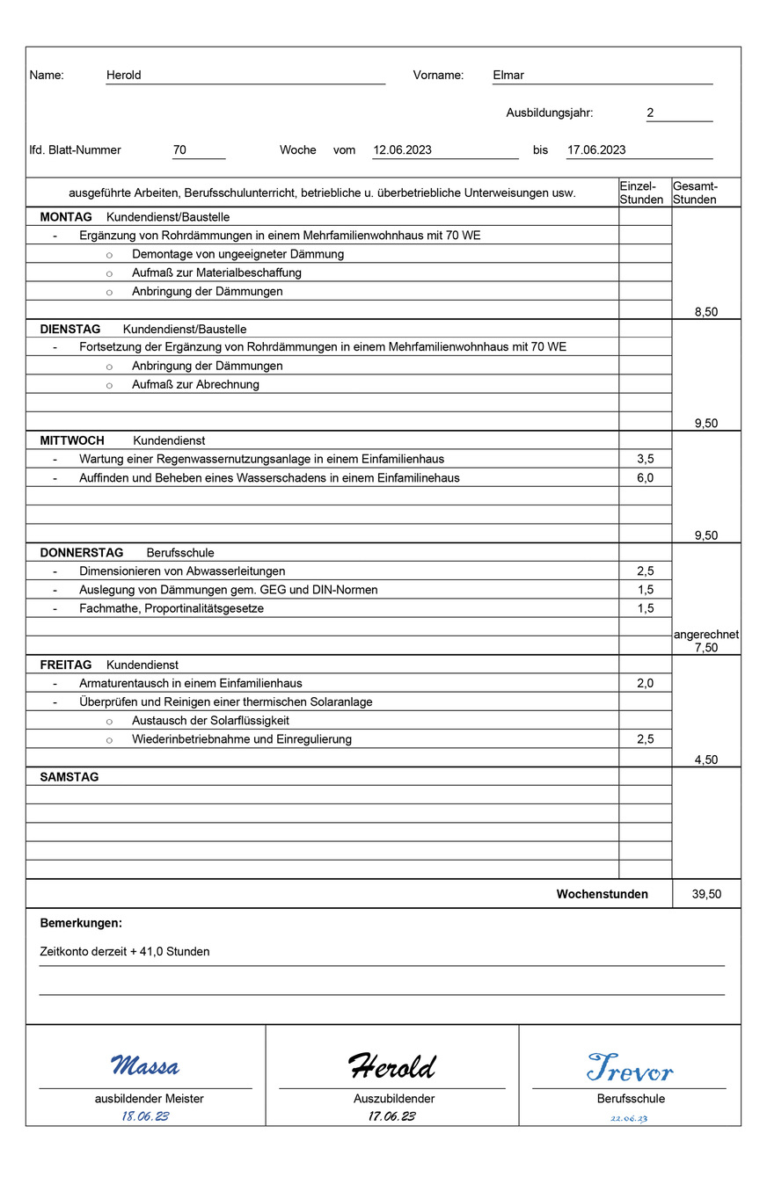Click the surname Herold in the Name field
(123, 76)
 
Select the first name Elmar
(508, 76)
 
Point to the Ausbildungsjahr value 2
(650, 113)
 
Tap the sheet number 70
(179, 150)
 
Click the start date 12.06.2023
(402, 150)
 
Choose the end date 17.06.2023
(596, 150)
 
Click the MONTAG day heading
(66, 217)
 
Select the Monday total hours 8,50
(705, 312)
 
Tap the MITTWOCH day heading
(72, 440)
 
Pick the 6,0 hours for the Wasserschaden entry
(645, 478)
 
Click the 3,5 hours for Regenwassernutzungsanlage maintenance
(645, 459)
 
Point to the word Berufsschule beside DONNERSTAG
(180, 553)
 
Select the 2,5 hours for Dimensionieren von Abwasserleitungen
(645, 571)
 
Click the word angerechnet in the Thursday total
(705, 635)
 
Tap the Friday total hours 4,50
(705, 760)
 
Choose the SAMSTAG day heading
(69, 778)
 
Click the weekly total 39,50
(706, 895)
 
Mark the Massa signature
(145, 1067)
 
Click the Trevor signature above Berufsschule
(630, 1068)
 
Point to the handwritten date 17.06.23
(391, 1116)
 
